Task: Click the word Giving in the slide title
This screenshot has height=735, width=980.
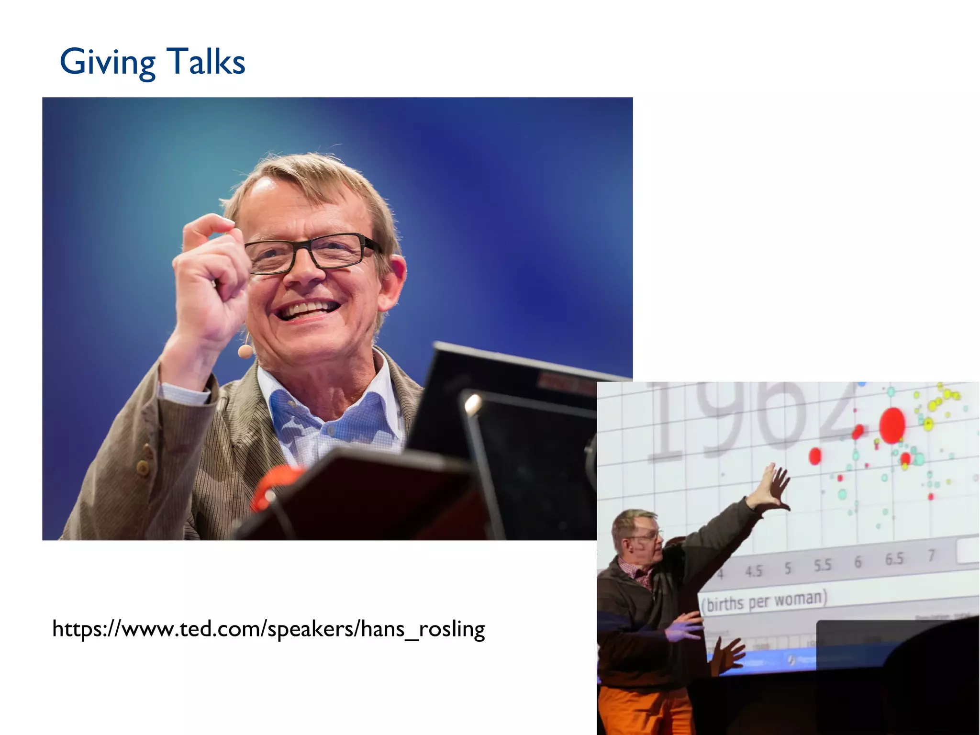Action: pos(108,62)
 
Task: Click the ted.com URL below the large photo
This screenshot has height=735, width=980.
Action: pos(268,629)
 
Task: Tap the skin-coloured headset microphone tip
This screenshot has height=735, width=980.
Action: pos(245,352)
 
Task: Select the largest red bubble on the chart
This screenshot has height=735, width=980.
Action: pos(892,425)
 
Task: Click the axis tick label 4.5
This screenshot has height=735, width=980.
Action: pos(753,571)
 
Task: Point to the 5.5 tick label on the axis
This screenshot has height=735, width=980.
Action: pos(822,565)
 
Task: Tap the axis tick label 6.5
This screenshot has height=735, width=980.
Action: pos(894,559)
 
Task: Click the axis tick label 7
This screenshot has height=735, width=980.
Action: pos(931,556)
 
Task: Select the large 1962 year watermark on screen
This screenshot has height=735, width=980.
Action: pos(751,421)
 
